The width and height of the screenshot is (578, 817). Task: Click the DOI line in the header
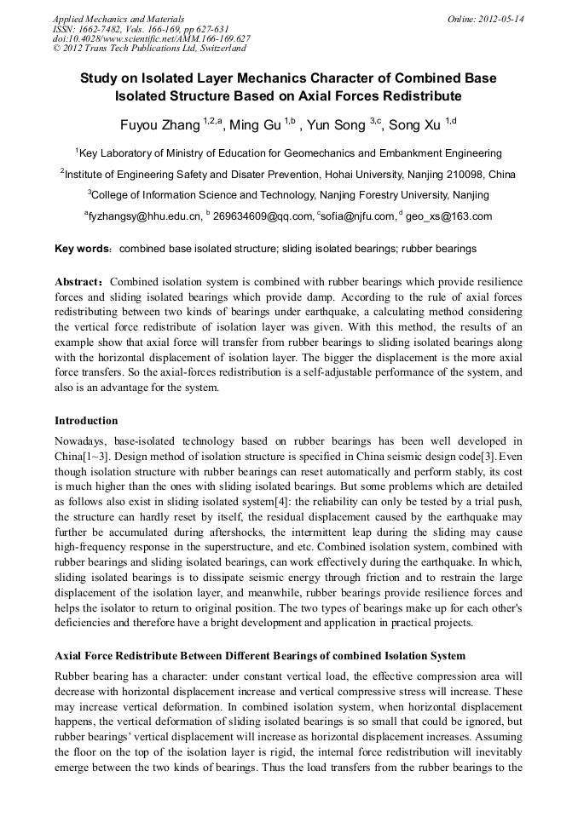151,39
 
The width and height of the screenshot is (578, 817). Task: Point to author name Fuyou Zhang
159,125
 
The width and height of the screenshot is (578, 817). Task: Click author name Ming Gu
257,125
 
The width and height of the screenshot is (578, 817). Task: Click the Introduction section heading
86,421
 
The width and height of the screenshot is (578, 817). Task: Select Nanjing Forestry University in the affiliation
370,195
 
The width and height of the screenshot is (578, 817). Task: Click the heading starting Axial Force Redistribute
260,656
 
